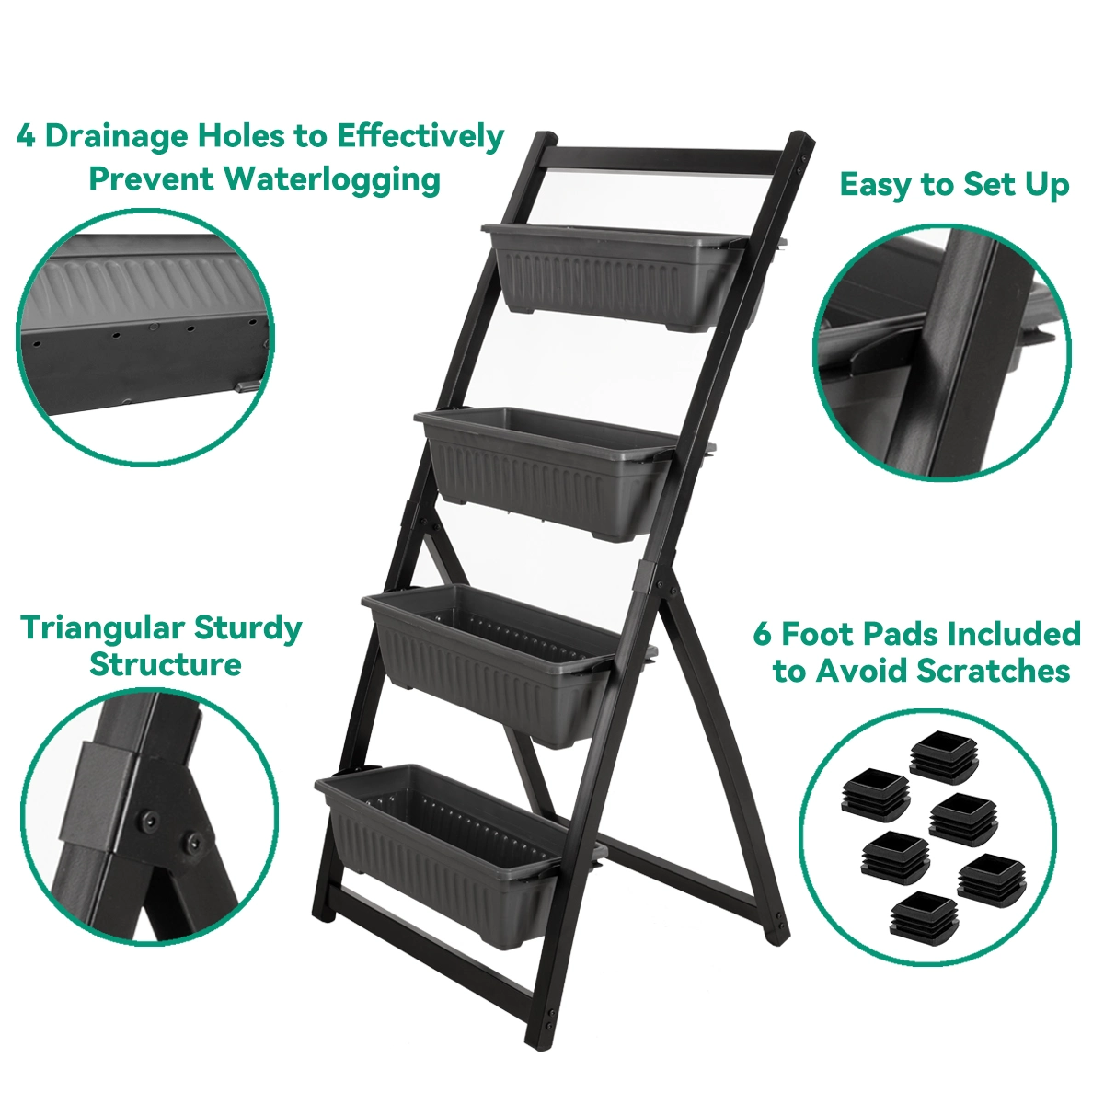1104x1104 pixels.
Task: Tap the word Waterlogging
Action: pos(332,180)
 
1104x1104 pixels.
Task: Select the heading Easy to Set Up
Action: pos(954,185)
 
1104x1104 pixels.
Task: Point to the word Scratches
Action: pos(994,670)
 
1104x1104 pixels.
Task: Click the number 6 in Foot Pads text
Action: pos(763,634)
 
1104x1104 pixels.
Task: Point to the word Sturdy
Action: pos(247,629)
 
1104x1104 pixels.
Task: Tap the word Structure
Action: pos(166,664)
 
